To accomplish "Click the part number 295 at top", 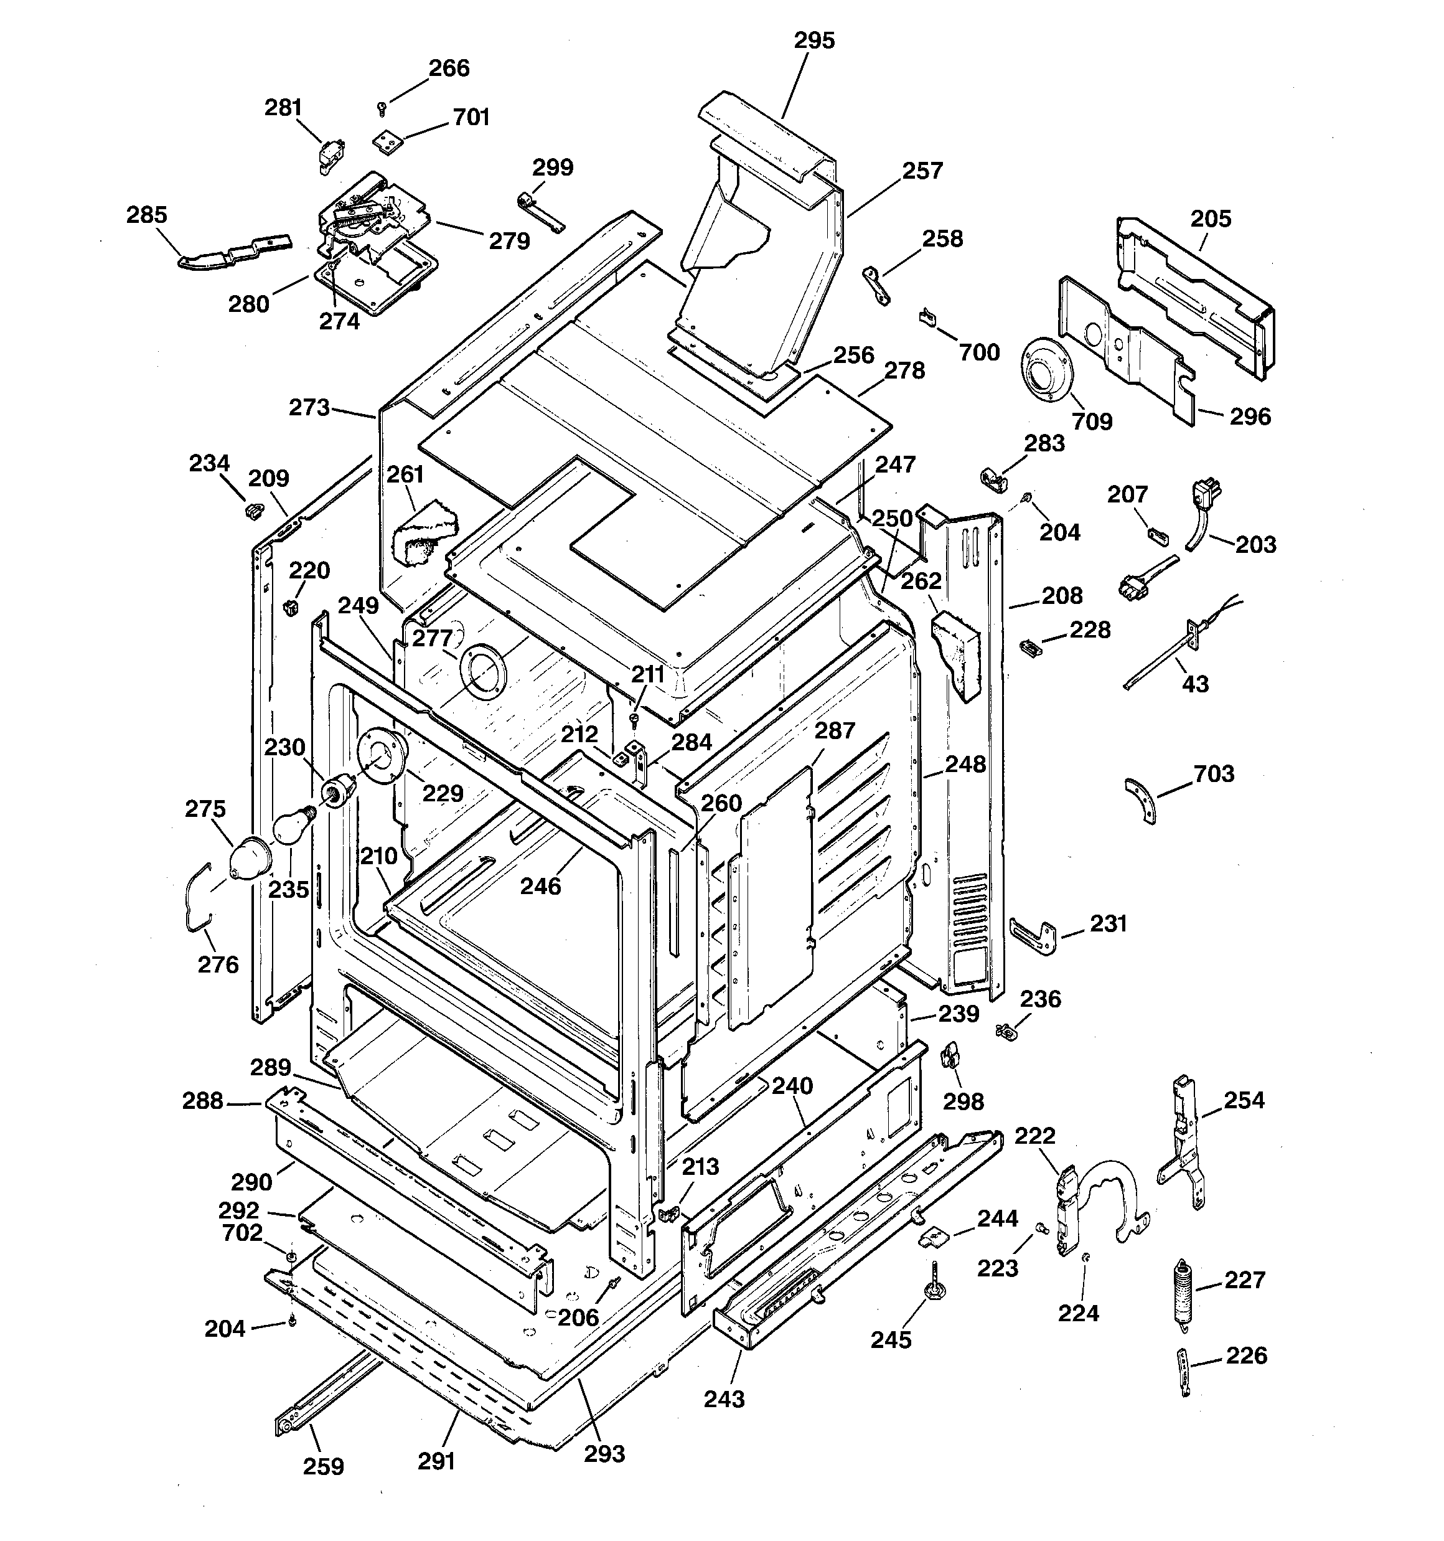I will pyautogui.click(x=814, y=40).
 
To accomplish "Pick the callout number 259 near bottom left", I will pyautogui.click(x=323, y=1466).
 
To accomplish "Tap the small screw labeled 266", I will pyautogui.click(x=382, y=108).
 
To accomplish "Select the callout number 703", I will pyautogui.click(x=1214, y=773).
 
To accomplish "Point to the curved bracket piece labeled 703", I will pyautogui.click(x=1141, y=801).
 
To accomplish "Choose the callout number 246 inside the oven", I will pyautogui.click(x=540, y=886).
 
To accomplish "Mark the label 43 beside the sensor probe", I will pyautogui.click(x=1195, y=684).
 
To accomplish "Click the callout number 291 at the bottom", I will pyautogui.click(x=436, y=1461).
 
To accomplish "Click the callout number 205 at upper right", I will pyautogui.click(x=1211, y=219).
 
